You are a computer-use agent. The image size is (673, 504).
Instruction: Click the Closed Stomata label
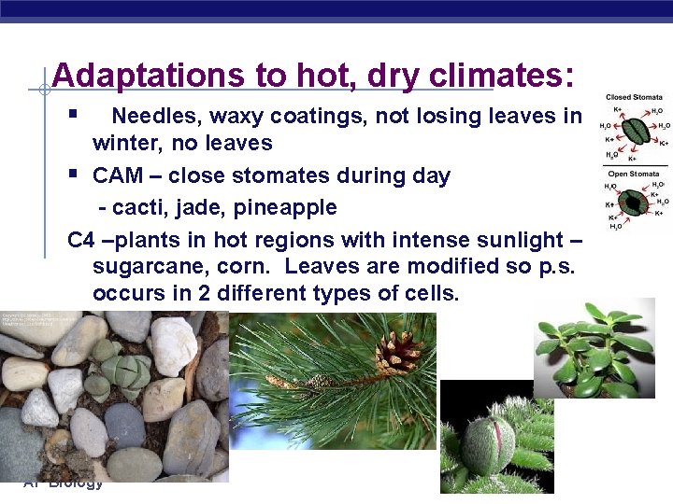[x=634, y=97]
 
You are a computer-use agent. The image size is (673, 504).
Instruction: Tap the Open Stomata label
[x=633, y=174]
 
